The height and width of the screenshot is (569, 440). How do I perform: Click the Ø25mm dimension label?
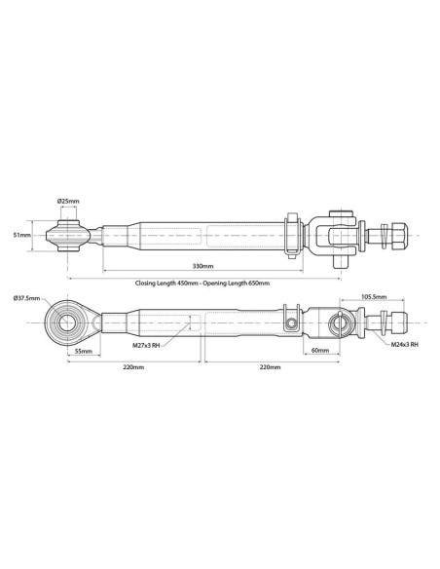pyautogui.click(x=68, y=201)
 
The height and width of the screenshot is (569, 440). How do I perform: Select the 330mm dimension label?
pyautogui.click(x=202, y=265)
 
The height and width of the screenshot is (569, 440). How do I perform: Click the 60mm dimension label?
pyautogui.click(x=318, y=349)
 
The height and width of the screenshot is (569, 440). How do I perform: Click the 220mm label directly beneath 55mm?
pyautogui.click(x=133, y=367)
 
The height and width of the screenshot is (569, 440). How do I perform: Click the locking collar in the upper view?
pyautogui.click(x=291, y=235)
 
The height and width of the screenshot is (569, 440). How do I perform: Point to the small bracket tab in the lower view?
pyautogui.click(x=289, y=314)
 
